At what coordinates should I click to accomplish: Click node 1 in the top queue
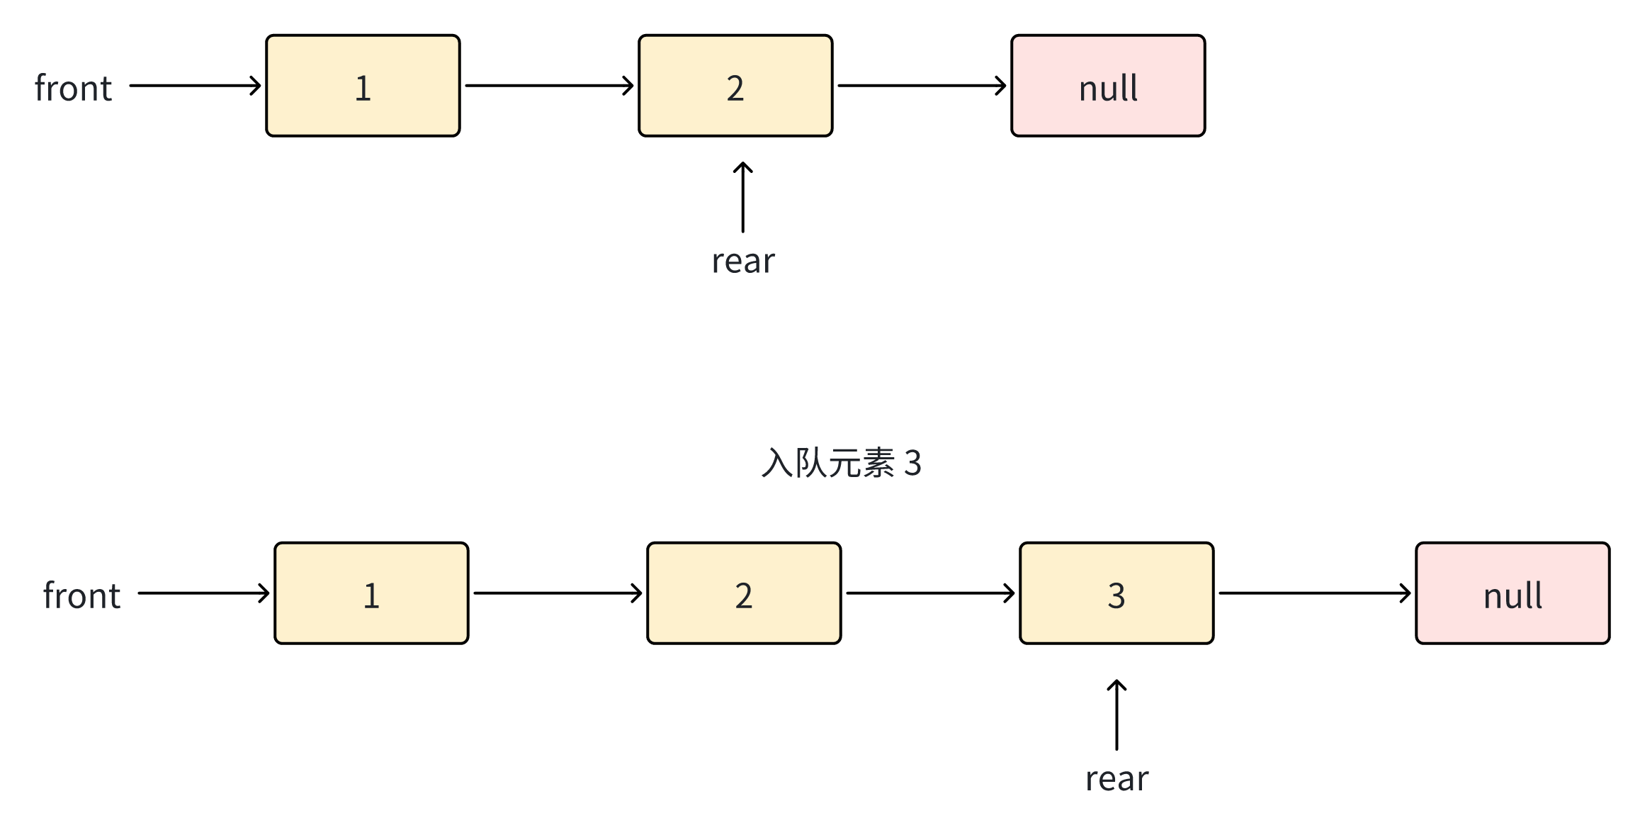coord(363,86)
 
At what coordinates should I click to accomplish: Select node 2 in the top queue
coord(735,86)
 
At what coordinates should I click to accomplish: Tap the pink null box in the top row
coord(1108,86)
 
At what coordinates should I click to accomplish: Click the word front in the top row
coord(73,89)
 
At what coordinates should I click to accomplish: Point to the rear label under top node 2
coord(743,261)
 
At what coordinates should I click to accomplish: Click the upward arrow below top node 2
coord(742,197)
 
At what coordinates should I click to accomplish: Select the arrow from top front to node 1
coord(195,86)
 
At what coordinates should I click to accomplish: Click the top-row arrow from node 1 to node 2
coord(549,86)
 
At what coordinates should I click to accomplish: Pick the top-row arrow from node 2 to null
coord(922,86)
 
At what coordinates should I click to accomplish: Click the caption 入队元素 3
coord(841,463)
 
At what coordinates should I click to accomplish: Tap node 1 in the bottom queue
coord(371,593)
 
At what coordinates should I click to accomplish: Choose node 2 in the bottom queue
coord(744,593)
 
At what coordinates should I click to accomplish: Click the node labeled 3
coord(1117,593)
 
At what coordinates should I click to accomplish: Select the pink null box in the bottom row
coord(1513,593)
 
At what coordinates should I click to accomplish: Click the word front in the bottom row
coord(81,596)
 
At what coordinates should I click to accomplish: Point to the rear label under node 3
coord(1117,779)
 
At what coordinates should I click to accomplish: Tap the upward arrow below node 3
coord(1117,714)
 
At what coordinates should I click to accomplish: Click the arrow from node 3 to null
coord(1314,593)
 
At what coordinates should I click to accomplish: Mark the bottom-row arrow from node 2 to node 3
coord(930,593)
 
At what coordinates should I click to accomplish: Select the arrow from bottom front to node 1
coord(203,593)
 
